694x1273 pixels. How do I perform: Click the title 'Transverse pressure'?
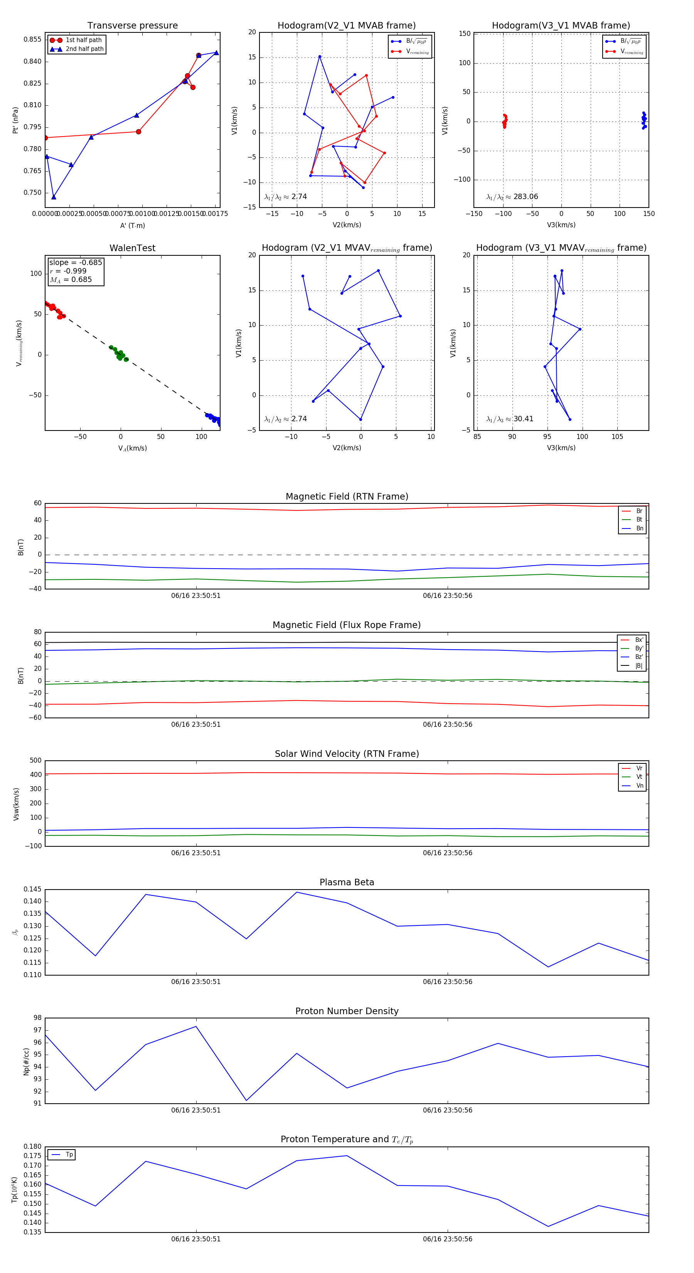132,26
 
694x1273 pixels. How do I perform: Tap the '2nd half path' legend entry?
84,49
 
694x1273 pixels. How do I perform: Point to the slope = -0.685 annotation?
76,262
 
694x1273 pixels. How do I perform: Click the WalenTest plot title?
132,248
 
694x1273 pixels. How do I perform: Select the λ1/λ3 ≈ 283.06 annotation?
512,197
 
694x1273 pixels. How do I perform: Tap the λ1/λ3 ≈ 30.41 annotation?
510,419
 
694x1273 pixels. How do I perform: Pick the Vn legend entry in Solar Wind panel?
639,786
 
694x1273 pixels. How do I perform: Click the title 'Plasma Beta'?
347,883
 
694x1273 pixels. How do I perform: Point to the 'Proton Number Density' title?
347,1011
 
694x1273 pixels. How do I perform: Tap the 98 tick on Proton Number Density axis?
37,1018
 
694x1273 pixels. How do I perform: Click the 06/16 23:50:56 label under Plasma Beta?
448,982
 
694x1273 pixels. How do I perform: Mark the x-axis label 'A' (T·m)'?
132,225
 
